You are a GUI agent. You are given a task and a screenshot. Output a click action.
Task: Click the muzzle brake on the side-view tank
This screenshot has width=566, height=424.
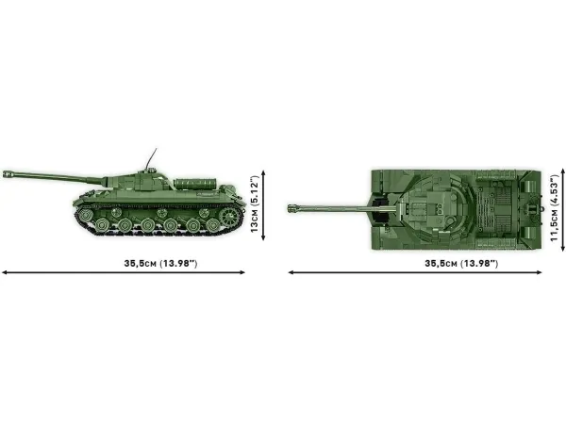pos(8,174)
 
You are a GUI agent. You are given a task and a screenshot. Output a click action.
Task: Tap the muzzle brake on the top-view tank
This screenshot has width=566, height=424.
pos(292,208)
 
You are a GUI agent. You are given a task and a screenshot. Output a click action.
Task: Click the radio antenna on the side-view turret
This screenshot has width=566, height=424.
pos(151,158)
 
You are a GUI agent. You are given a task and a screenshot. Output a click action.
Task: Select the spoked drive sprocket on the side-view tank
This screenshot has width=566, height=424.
pos(229,215)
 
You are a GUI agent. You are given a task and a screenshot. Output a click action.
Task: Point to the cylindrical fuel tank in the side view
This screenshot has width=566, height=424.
pos(195,184)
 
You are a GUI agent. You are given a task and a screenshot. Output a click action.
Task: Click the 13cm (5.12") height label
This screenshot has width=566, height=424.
pos(254,204)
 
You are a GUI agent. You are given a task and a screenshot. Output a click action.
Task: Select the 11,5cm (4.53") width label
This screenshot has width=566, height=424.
pos(554,208)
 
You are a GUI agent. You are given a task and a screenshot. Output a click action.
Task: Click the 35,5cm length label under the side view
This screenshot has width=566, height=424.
pos(160,263)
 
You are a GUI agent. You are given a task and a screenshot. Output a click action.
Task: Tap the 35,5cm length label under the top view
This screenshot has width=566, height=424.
pos(461,263)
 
